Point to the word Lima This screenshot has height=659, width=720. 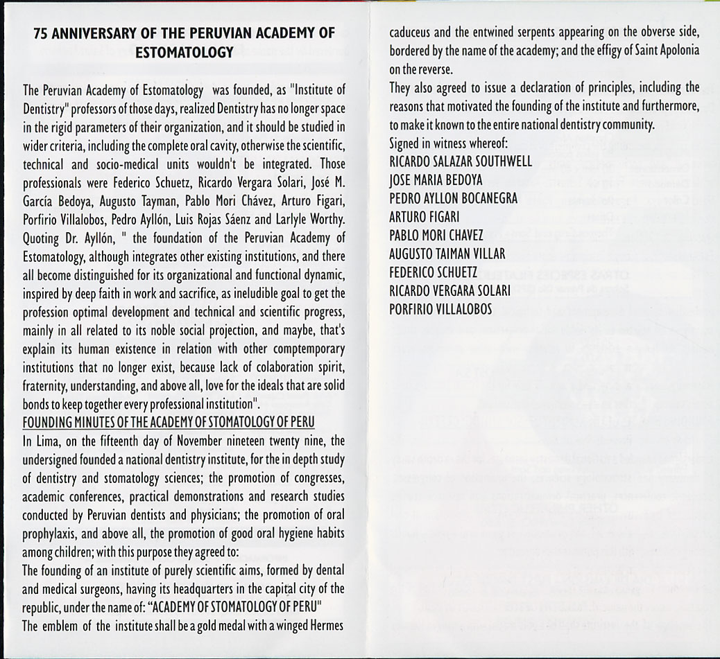[45, 441]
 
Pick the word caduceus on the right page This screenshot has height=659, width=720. [411, 33]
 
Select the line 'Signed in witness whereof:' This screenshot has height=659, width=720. [444, 143]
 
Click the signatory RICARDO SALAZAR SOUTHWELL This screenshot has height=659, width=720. [461, 162]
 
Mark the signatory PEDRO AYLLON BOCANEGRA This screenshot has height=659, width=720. [453, 199]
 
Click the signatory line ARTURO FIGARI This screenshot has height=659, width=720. [424, 218]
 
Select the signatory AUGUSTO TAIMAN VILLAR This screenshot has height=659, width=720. [447, 254]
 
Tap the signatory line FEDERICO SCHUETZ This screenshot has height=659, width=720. [434, 273]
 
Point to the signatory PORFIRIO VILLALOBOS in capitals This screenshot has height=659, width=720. [440, 310]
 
